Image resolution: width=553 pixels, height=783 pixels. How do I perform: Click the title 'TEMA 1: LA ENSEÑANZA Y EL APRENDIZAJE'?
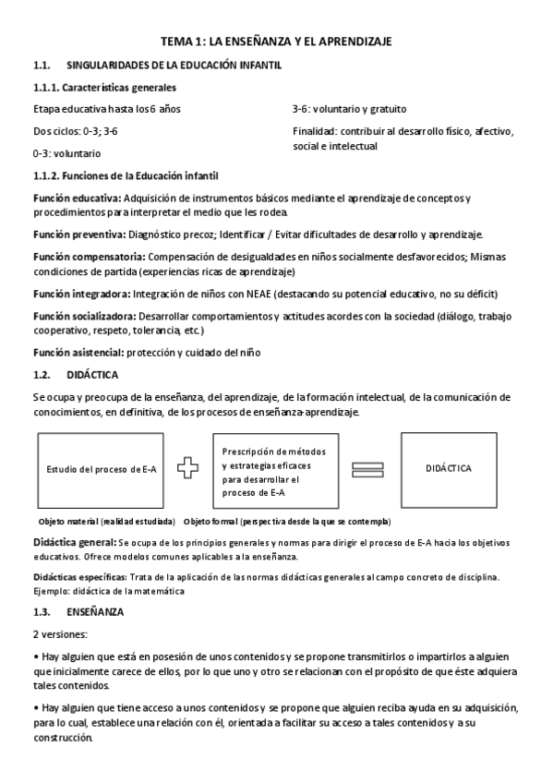(x=277, y=42)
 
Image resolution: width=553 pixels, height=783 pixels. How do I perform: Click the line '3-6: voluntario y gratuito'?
(x=349, y=109)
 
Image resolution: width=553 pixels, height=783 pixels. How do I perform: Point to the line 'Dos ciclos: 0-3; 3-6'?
(x=75, y=131)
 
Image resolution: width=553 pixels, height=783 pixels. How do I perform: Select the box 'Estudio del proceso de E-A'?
(x=102, y=469)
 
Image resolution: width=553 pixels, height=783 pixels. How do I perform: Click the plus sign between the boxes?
(x=188, y=468)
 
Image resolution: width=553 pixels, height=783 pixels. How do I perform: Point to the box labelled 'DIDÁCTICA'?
(x=449, y=468)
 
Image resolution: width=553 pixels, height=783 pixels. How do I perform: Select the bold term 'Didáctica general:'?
(x=75, y=542)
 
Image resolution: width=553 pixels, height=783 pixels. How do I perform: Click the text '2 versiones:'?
(x=59, y=634)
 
